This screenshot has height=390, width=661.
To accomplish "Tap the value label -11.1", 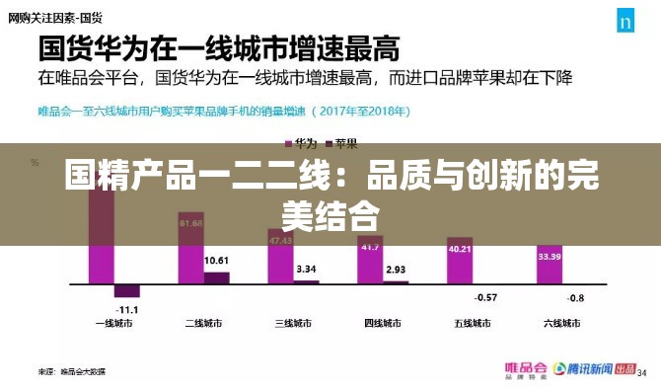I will click(x=128, y=309).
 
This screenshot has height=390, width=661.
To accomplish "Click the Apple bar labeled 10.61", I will click(x=217, y=278).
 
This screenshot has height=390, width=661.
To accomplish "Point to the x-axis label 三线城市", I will click(x=293, y=323).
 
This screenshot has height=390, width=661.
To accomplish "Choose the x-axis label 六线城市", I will click(x=563, y=323).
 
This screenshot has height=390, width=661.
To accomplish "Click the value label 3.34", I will click(x=306, y=269).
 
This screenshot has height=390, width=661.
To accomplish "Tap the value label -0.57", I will click(x=485, y=297).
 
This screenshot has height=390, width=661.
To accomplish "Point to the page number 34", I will click(x=641, y=373).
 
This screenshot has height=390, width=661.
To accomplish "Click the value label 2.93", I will click(x=396, y=270).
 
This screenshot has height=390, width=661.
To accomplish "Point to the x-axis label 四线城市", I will click(x=383, y=323).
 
